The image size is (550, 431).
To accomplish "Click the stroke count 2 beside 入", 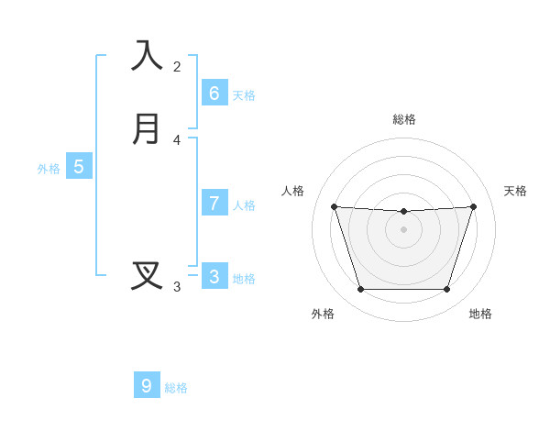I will (x=177, y=66).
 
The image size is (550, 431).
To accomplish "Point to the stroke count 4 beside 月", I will (x=177, y=140).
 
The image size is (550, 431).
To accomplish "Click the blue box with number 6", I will (x=214, y=94).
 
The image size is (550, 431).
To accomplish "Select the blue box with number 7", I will (x=214, y=204).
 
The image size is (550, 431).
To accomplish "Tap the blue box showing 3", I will (x=214, y=276).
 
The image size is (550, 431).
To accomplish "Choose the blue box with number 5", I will (x=79, y=167).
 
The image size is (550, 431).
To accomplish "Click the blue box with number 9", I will (x=147, y=386).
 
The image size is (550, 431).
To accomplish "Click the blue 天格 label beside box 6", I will (x=244, y=95).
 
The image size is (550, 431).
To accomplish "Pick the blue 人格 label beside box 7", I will (x=244, y=205).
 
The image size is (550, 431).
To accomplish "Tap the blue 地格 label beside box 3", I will (x=244, y=279).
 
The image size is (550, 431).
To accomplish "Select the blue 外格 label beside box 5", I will (x=49, y=169).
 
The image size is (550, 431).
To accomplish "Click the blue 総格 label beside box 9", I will (x=176, y=388).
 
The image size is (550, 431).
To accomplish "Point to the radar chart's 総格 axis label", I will (x=404, y=119).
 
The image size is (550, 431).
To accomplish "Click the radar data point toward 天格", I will (x=474, y=206).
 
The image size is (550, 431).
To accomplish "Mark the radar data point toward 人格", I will (x=334, y=206).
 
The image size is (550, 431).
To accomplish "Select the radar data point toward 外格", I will (x=360, y=290).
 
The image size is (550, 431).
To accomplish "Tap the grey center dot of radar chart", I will (x=403, y=229).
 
